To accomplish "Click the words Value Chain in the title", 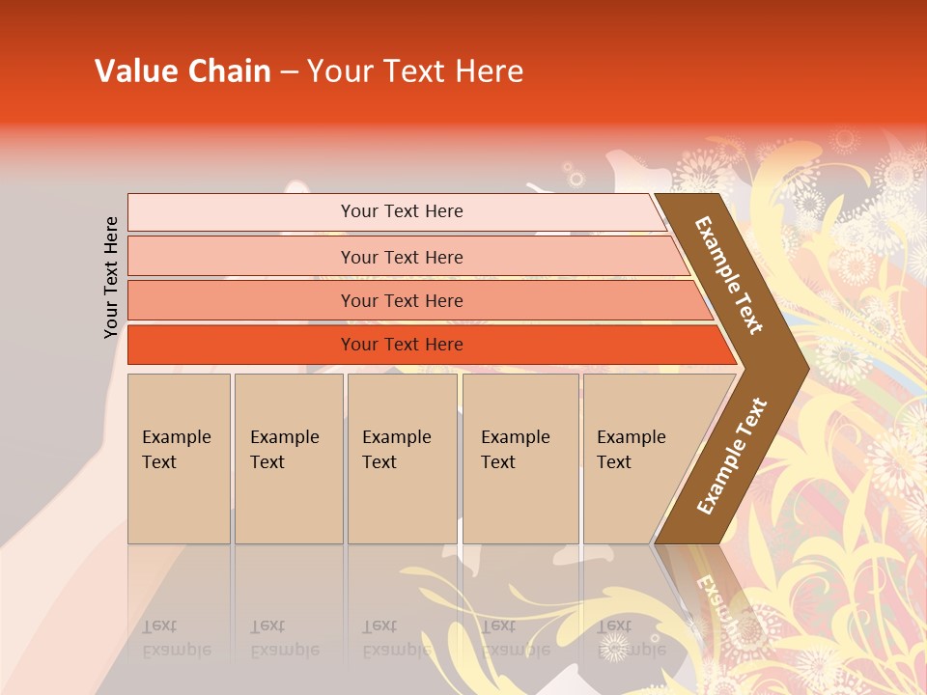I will coord(183,71).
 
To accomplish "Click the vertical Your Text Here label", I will coord(111,277).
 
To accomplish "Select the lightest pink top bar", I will coord(241,212).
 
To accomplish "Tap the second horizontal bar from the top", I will coord(241,257).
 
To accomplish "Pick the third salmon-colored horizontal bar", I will coord(241,300).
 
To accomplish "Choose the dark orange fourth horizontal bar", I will coord(241,345).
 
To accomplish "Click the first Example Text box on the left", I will coord(179,459).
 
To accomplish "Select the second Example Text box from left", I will coord(289,459).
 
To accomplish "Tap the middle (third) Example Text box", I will coord(402,459).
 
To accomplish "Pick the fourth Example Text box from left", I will coord(520,459).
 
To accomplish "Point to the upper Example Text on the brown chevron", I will coord(729,275).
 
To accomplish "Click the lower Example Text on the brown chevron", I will coord(731,457).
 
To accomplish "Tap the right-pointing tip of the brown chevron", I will coord(801,367).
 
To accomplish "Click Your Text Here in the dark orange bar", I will coord(402,345).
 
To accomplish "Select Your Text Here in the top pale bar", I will coord(402,211).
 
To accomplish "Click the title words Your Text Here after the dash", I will coord(415,71).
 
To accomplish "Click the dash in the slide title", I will coord(289,72).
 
